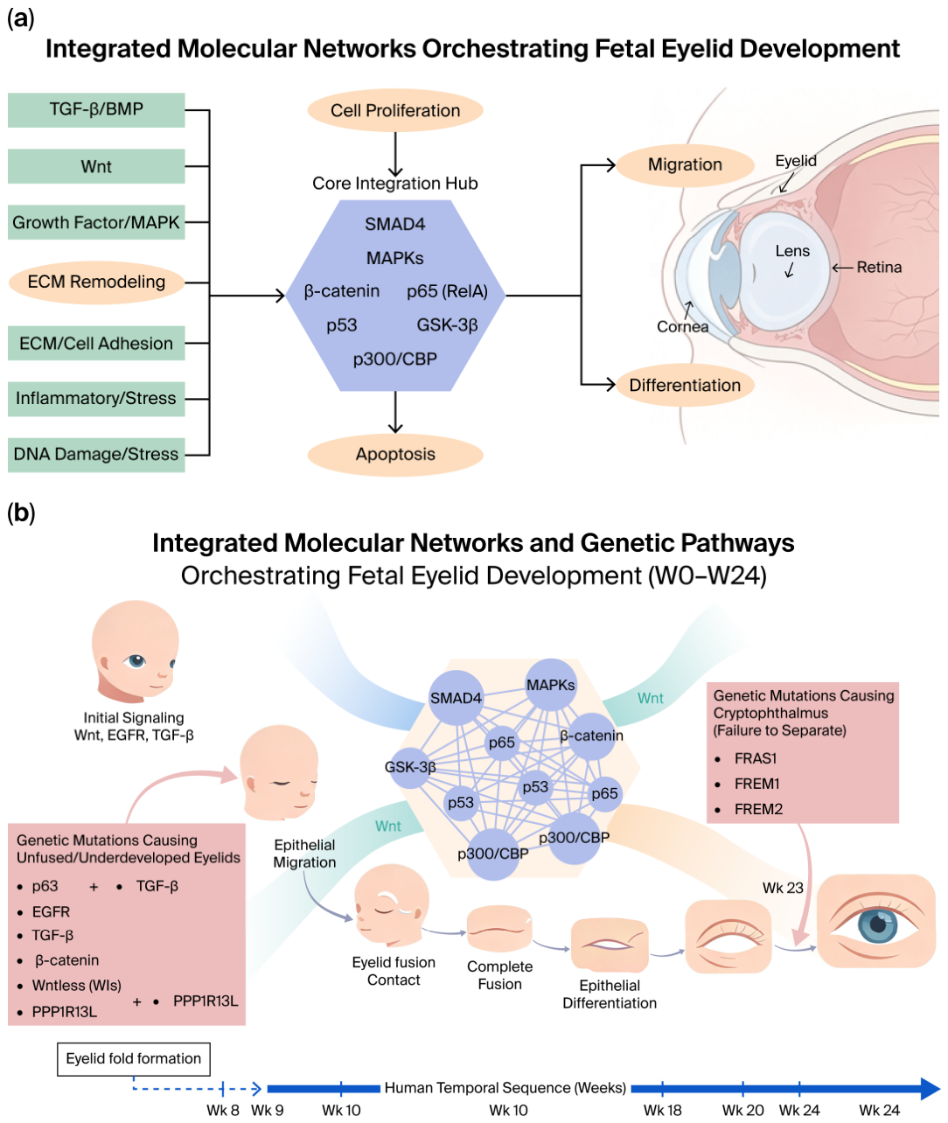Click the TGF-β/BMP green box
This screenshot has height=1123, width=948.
click(96, 109)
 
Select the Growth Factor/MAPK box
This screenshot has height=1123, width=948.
click(96, 222)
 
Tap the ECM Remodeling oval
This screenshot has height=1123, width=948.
click(96, 282)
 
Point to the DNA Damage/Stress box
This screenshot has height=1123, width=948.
click(96, 455)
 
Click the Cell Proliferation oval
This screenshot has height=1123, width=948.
click(395, 110)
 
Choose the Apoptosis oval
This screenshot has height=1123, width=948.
click(395, 455)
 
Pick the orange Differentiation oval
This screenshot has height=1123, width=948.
click(685, 385)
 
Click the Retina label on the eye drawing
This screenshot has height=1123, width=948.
click(879, 268)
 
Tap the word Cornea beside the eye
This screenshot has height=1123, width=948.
click(682, 326)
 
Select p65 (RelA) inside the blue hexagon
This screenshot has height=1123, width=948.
click(448, 291)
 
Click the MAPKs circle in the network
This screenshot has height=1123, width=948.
click(551, 685)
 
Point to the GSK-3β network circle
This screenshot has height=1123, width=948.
click(411, 768)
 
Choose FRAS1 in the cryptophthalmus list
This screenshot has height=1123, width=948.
click(756, 758)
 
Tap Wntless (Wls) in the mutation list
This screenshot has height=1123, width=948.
click(76, 986)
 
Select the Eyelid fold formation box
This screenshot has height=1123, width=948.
click(133, 1059)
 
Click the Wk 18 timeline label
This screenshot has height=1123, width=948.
click(663, 1110)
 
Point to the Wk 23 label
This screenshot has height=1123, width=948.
click(783, 888)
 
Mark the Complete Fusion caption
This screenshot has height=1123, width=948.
click(500, 975)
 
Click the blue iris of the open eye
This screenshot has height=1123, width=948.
click(877, 925)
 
